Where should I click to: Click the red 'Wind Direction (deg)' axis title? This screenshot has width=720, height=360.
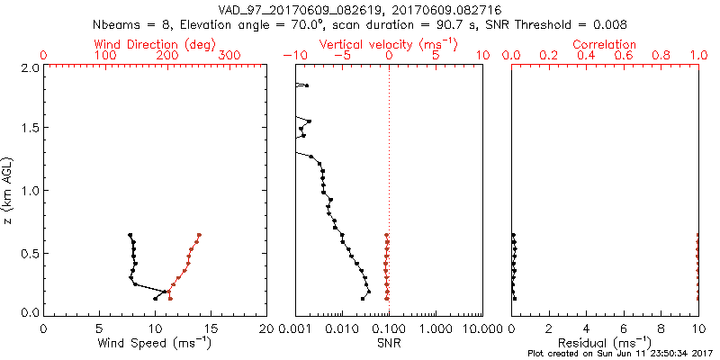[x=156, y=44]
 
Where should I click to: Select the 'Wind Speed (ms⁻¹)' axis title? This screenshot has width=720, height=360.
[x=156, y=342]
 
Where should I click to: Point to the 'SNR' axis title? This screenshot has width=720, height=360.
[x=389, y=342]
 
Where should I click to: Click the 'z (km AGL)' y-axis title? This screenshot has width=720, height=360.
[x=8, y=190]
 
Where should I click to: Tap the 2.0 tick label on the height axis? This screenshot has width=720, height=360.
[x=29, y=67]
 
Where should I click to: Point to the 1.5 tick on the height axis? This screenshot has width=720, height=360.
[x=29, y=129]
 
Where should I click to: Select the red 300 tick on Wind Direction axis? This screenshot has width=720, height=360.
[x=229, y=56]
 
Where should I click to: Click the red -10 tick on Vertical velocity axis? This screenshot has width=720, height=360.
[x=291, y=56]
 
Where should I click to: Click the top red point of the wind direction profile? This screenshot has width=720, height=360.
[x=199, y=235]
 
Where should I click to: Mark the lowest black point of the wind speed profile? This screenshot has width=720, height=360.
[x=156, y=298]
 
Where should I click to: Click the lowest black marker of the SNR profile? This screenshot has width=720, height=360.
[x=363, y=298]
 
